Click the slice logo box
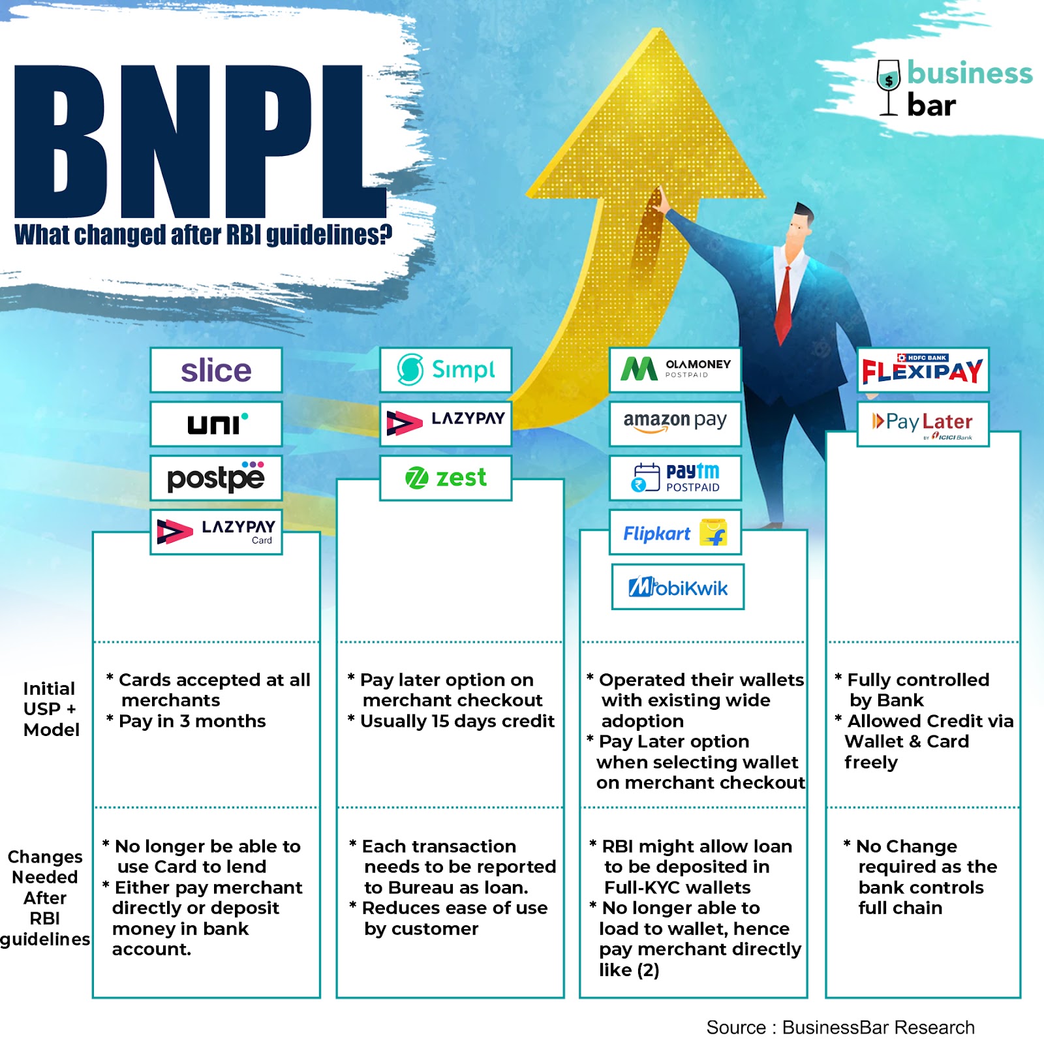tap(216, 371)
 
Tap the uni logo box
tap(216, 424)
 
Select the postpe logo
tap(216, 478)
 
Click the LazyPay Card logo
tap(216, 532)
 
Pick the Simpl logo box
tap(446, 370)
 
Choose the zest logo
tap(446, 478)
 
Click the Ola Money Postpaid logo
tap(675, 369)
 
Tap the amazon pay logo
tap(675, 423)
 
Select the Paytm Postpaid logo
tap(675, 478)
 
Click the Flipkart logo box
tap(675, 533)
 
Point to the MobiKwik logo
tap(678, 587)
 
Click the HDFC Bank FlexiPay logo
tap(923, 370)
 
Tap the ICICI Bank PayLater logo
tap(923, 424)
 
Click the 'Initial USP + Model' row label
tap(51, 709)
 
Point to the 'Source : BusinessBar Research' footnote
tap(840, 1028)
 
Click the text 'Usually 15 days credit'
tap(457, 721)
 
